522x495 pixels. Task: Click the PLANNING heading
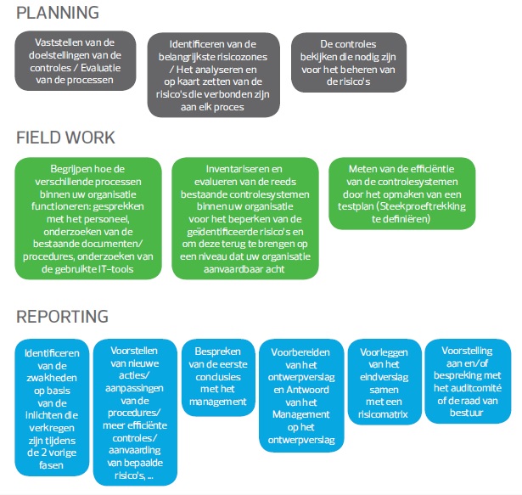pos(58,13)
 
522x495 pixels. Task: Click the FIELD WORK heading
pos(66,138)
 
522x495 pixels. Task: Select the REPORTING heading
pos(62,317)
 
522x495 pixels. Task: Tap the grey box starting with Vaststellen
pos(75,62)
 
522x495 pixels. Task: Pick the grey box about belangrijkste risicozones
pos(213,75)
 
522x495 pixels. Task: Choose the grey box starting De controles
pos(345,62)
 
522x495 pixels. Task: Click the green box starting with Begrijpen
pos(87,218)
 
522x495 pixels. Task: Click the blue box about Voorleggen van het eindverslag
pos(382,382)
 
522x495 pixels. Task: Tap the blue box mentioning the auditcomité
pos(468,382)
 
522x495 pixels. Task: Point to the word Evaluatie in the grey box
pos(109,69)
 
